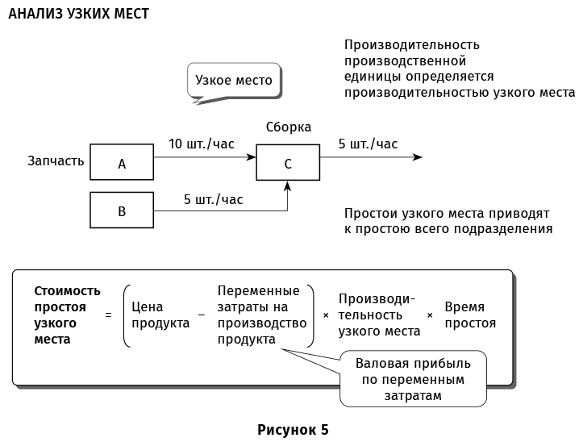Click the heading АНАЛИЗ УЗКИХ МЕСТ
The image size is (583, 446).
point(78,15)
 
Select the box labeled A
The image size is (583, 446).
point(122,162)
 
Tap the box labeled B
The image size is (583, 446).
point(122,210)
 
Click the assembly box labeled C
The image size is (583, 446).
point(288,162)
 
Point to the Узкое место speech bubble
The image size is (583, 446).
point(235,81)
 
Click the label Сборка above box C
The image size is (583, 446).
point(288,127)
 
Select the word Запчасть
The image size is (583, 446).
point(56,160)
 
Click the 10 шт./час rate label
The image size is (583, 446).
point(202,144)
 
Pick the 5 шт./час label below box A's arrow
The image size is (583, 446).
point(213,199)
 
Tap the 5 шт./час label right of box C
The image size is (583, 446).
point(368,144)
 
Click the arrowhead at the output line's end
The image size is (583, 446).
point(417,157)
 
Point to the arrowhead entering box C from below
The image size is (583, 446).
point(288,186)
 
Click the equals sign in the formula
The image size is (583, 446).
point(108,315)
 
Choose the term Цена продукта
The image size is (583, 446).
point(160,315)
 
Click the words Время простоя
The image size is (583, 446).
point(470,315)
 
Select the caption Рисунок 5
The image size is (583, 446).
point(293,429)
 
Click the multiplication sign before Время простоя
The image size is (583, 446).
point(429,315)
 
